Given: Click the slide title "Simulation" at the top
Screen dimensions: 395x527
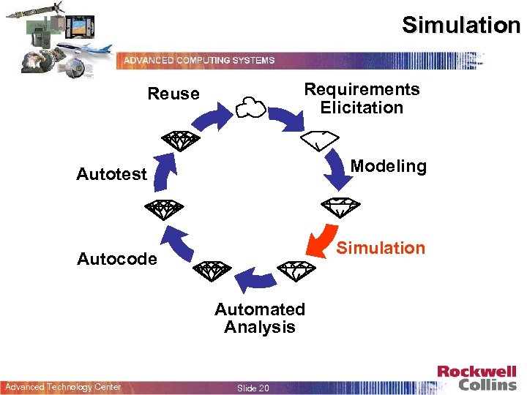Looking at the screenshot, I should point(460,26).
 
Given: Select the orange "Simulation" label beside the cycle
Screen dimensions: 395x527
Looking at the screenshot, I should point(381,248).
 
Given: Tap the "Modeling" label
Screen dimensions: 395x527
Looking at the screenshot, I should point(388,166).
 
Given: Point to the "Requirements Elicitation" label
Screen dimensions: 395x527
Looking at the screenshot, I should point(362,98).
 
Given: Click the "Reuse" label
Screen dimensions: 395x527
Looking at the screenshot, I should point(173,94).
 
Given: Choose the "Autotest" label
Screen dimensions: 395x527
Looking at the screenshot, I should point(112,174).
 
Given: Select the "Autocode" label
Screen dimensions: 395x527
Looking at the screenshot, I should point(117,259).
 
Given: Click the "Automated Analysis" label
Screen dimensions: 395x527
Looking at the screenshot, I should point(260,318).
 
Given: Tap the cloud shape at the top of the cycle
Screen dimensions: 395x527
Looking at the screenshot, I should point(250,108).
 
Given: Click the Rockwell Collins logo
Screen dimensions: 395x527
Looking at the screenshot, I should point(477,377).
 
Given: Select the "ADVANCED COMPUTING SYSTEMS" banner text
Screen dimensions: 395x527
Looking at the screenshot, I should point(199,60).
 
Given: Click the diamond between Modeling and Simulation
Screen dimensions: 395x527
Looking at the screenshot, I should point(340,206).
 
